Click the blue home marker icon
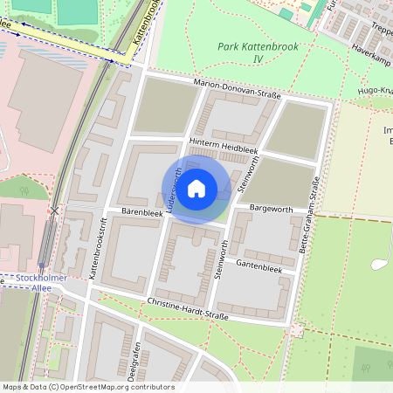coord(196,188)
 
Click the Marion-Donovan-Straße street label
coord(236,90)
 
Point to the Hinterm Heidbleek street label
coord(225,147)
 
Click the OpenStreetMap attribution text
coord(88,387)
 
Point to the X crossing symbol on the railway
coord(56,210)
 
